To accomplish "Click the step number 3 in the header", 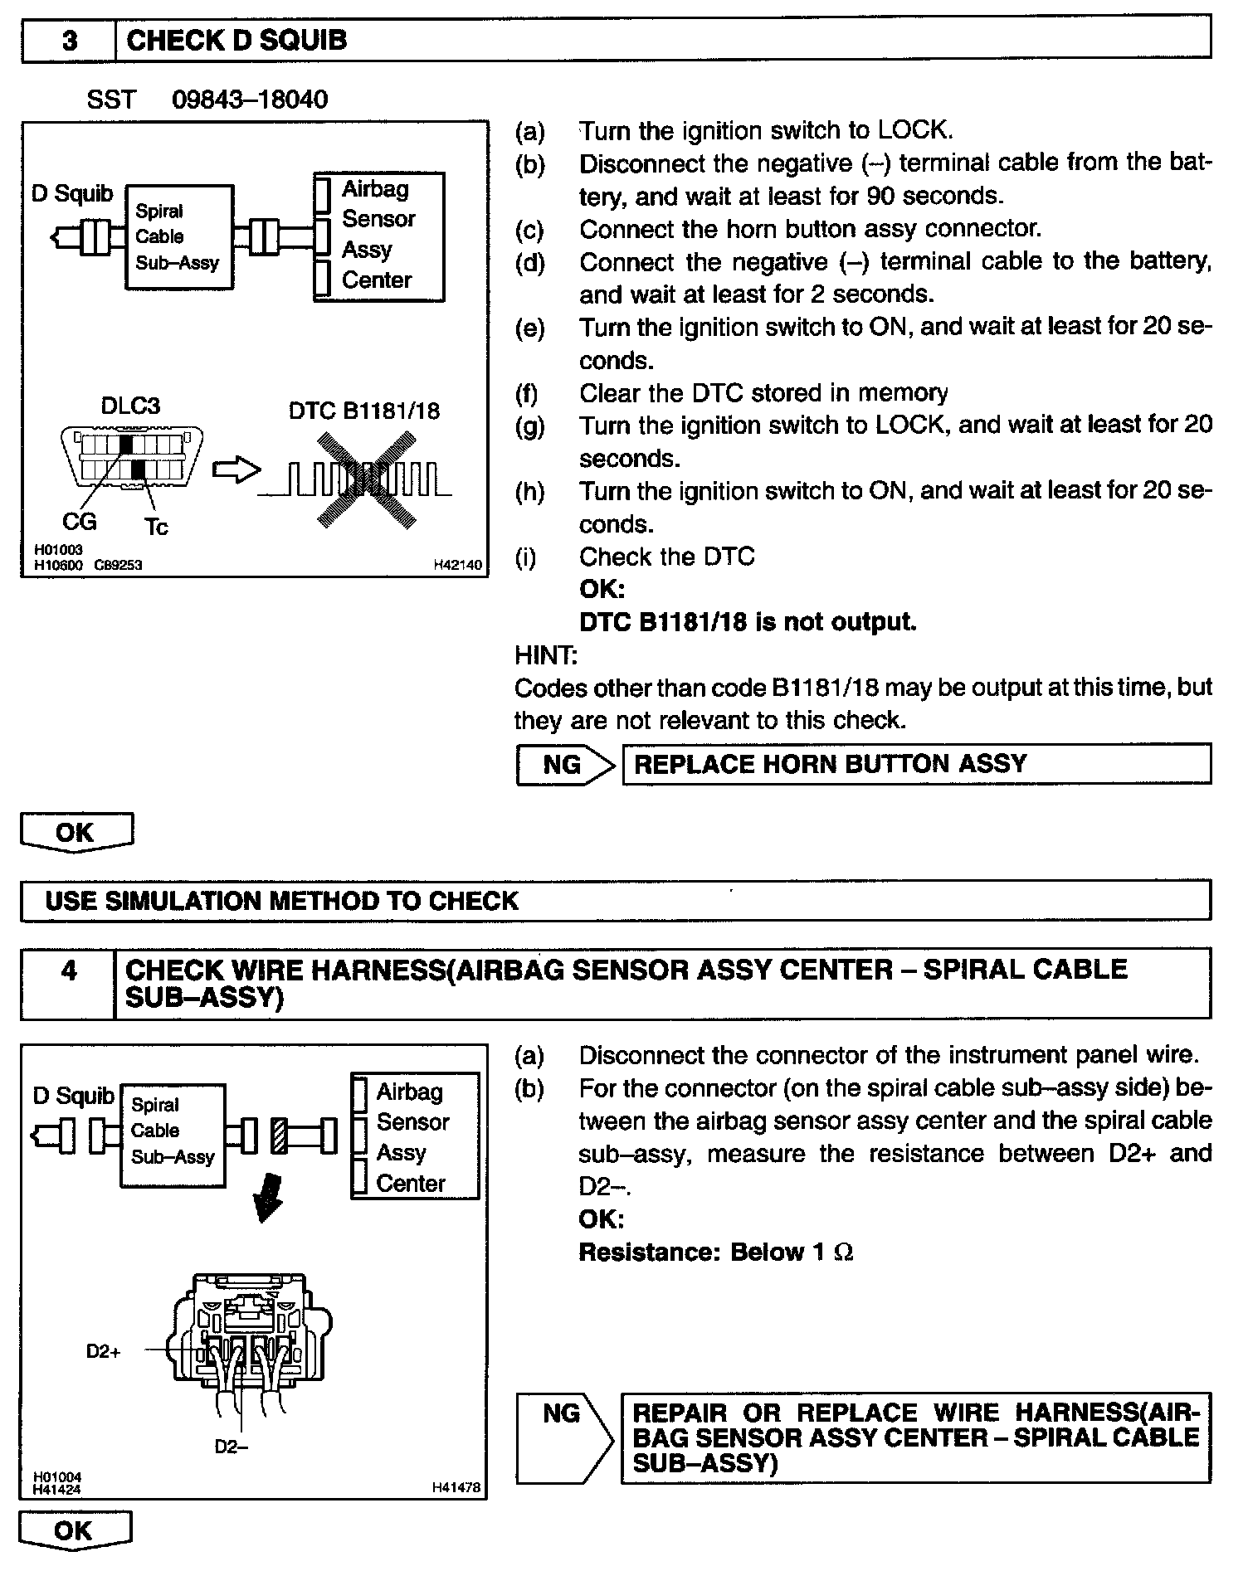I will pyautogui.click(x=70, y=41).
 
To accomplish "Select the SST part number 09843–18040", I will pyautogui.click(x=250, y=100).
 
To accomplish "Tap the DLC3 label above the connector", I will pyautogui.click(x=130, y=406).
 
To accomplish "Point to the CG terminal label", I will pyautogui.click(x=80, y=521).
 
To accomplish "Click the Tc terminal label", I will pyautogui.click(x=156, y=527).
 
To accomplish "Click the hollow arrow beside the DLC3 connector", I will pyautogui.click(x=236, y=470).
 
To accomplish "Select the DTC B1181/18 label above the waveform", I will pyautogui.click(x=364, y=411).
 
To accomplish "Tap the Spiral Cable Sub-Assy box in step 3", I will pyautogui.click(x=178, y=237).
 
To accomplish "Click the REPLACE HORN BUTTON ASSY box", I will pyautogui.click(x=916, y=764).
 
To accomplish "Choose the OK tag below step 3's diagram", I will pyautogui.click(x=76, y=832).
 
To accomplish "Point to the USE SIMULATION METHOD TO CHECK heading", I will pyautogui.click(x=282, y=902).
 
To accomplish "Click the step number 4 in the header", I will pyautogui.click(x=69, y=970).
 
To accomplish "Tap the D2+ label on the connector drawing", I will pyautogui.click(x=104, y=1351).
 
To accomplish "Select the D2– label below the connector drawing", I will pyautogui.click(x=232, y=1447).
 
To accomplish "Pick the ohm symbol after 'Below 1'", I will pyautogui.click(x=843, y=1253).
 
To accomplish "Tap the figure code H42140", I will pyautogui.click(x=457, y=565).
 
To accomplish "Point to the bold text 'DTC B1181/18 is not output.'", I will pyautogui.click(x=748, y=622).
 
